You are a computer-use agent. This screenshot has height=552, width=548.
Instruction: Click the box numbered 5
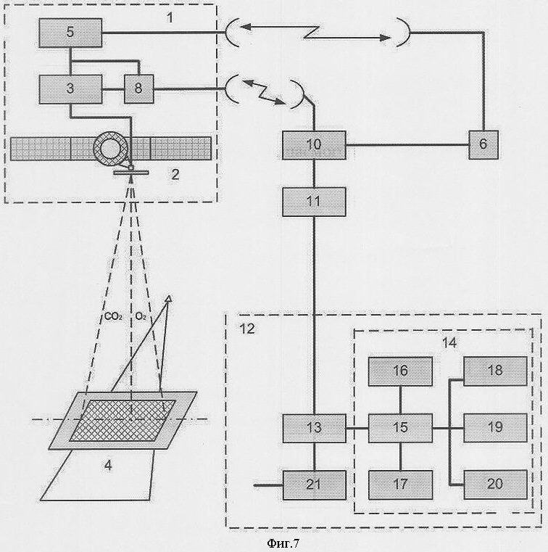click(x=70, y=33)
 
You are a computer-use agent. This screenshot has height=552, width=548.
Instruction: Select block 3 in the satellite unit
click(x=70, y=89)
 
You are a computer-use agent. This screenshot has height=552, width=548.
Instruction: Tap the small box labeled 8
click(x=139, y=89)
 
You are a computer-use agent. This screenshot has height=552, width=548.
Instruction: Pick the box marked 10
click(x=314, y=145)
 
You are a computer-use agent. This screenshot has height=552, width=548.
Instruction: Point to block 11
click(x=314, y=202)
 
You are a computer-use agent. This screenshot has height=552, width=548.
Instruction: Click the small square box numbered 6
click(x=483, y=144)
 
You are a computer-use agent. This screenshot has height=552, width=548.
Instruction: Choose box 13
click(x=315, y=428)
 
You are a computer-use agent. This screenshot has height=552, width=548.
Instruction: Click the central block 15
click(x=400, y=428)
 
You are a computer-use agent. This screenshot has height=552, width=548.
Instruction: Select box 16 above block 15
click(x=400, y=371)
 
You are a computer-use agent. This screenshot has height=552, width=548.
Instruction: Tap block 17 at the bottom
click(x=400, y=485)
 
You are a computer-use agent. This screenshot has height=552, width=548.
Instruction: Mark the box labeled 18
click(x=495, y=371)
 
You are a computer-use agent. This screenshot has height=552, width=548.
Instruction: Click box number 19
click(x=495, y=428)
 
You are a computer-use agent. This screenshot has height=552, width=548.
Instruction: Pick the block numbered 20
click(x=495, y=485)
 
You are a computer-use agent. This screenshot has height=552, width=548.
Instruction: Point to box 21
click(x=315, y=485)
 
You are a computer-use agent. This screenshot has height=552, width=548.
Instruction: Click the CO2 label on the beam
click(x=113, y=316)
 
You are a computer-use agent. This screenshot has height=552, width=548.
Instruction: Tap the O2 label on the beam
click(x=141, y=316)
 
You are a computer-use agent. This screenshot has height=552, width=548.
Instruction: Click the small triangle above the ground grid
click(x=169, y=299)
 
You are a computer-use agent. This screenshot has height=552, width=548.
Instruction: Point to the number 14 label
click(x=449, y=342)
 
